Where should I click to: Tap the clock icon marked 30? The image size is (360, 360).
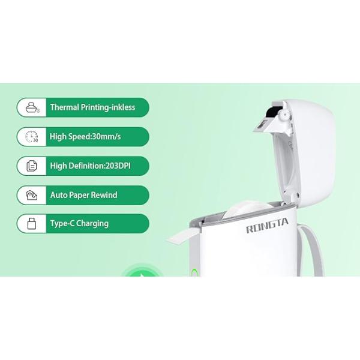point(32,137)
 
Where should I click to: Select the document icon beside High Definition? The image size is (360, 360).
point(32,166)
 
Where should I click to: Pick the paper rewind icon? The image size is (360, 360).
point(31,195)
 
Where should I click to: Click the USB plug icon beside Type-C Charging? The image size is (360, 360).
point(32,224)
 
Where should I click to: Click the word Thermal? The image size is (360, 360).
point(65,107)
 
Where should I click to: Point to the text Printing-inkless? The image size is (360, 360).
point(108,107)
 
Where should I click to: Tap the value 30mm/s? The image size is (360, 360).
point(106,137)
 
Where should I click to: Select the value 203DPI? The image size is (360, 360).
point(118,166)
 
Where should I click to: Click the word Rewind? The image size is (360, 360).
point(104,195)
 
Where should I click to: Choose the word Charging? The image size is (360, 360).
point(92,224)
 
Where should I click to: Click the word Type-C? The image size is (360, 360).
point(62,224)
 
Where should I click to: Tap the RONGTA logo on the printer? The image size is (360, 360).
point(267,226)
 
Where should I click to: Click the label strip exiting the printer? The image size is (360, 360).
point(183,236)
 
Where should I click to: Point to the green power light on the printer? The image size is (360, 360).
point(194,272)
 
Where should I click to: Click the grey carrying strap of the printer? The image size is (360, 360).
point(310,251)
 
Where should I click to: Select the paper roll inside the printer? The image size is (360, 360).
point(245,209)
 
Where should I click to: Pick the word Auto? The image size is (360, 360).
point(59,195)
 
